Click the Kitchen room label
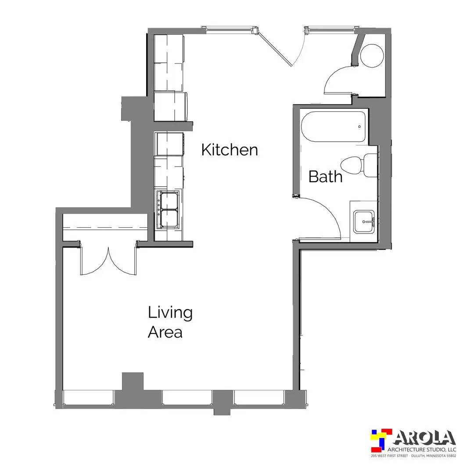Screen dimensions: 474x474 tap(230, 150)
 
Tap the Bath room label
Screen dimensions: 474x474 tap(325, 176)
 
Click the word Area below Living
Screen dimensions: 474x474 tap(165, 332)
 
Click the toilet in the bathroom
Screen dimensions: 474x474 tap(359, 165)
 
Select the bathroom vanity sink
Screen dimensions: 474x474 tap(364, 222)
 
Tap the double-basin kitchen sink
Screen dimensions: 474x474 tap(169, 209)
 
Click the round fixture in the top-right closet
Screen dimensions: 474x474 tap(372, 56)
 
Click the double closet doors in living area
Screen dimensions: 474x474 tap(108, 262)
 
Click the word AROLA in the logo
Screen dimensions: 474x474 tap(425, 438)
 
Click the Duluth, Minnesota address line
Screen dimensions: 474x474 tap(413, 456)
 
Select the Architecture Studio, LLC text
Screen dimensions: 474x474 tap(422, 449)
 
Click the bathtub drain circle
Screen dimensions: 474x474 tap(359, 127)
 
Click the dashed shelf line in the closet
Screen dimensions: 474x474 tap(105, 227)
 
